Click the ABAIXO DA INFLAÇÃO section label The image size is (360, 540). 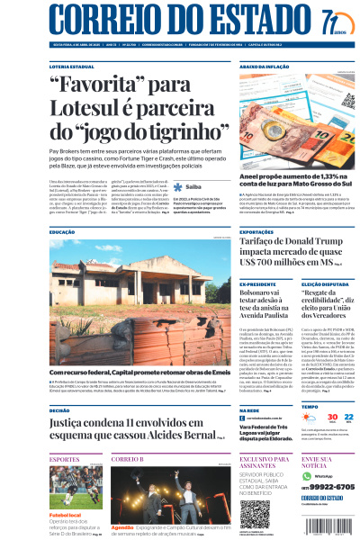click(264, 67)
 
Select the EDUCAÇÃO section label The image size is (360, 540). click(62, 232)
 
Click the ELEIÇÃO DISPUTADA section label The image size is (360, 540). click(321, 285)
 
